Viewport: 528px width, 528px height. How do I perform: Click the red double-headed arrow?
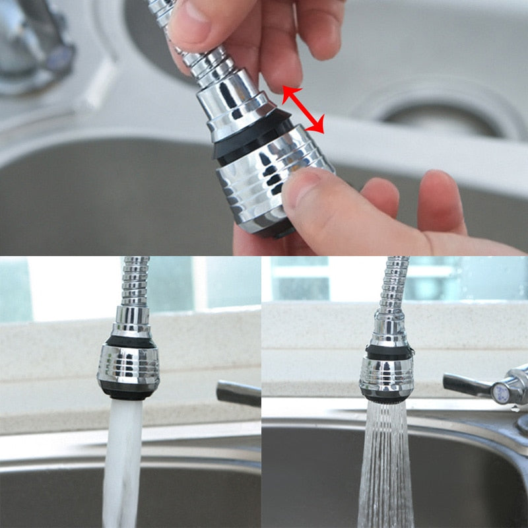pos(304,110)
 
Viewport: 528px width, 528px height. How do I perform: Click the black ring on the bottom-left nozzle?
pos(128,342)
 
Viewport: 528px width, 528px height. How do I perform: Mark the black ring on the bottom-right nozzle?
pos(387,351)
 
